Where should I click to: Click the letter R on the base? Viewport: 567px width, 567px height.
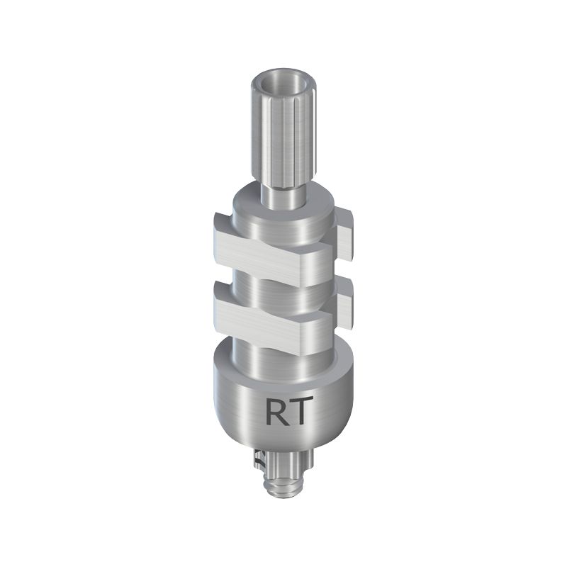[x=276, y=411]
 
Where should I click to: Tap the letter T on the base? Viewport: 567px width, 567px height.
[x=298, y=411]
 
